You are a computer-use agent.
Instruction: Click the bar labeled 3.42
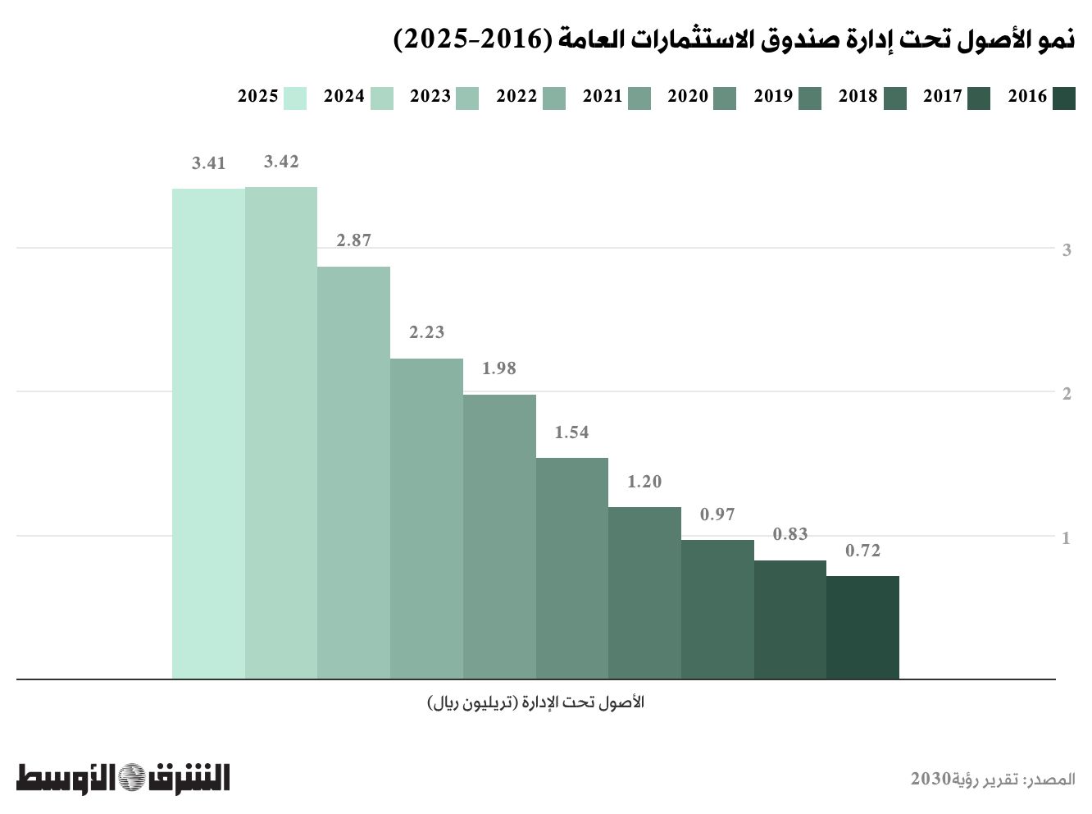point(281,432)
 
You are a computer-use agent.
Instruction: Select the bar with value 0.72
point(862,627)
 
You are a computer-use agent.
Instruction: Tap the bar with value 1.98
point(499,537)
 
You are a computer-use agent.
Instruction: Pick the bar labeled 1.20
point(644,592)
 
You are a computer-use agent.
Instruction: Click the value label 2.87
point(354,240)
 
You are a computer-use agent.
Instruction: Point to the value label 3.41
point(208,163)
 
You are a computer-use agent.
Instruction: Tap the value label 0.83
point(790,534)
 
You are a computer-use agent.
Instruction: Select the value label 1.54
point(571,432)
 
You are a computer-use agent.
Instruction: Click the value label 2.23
point(426,332)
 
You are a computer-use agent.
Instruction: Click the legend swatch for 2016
point(1063,98)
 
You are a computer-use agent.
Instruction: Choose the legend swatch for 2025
point(295,98)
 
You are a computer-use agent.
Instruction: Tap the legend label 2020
point(688,97)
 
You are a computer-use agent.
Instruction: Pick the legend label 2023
point(430,97)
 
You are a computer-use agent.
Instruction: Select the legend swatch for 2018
point(895,98)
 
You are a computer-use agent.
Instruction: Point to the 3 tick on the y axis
point(1067,250)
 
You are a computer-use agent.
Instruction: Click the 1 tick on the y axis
point(1067,538)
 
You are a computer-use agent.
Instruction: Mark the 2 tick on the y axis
point(1067,394)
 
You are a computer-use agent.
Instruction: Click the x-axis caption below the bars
point(536,703)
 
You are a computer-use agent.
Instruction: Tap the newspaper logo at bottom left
point(123,777)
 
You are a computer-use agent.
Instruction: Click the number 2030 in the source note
point(930,779)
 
